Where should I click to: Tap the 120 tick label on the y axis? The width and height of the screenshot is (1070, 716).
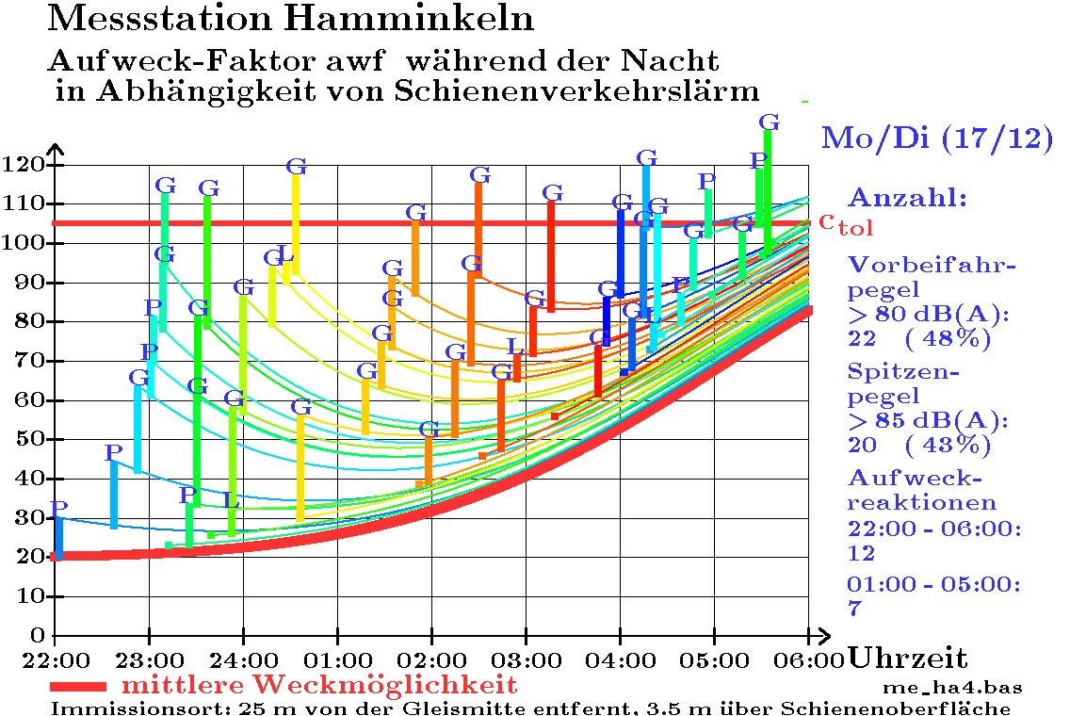25,165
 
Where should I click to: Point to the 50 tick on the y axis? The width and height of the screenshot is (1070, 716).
31,439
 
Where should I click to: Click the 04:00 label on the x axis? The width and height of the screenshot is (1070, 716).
620,657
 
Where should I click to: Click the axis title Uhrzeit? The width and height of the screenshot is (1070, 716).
908,658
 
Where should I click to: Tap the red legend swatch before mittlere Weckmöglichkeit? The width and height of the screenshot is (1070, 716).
80,685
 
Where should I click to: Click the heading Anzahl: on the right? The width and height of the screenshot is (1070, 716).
908,199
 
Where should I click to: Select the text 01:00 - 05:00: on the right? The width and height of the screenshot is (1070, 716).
932,586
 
